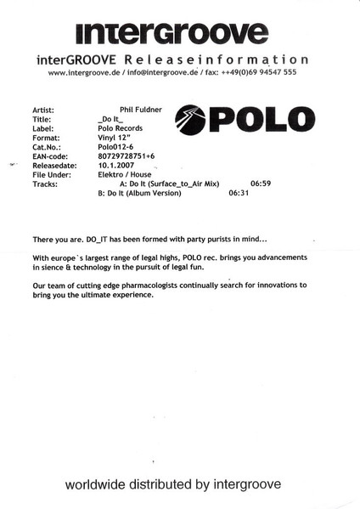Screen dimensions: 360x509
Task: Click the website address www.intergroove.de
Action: [x=87, y=73]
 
